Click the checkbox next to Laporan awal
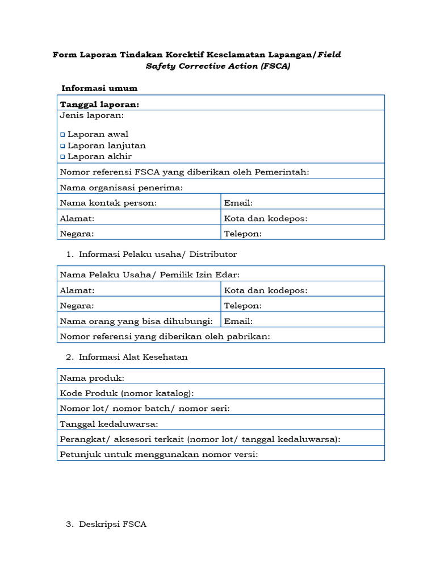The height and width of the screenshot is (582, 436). [x=62, y=135]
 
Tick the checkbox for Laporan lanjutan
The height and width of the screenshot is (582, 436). [x=62, y=146]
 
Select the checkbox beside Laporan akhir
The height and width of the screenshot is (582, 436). [x=62, y=157]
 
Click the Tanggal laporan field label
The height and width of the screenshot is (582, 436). [x=99, y=105]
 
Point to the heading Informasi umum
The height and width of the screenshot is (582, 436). [x=99, y=88]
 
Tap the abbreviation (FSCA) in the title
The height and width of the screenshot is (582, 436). [x=275, y=66]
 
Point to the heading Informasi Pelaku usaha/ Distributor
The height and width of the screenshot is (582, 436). [x=158, y=254]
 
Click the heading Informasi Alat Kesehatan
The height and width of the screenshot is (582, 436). [x=133, y=357]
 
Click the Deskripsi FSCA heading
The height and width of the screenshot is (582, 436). [x=112, y=524]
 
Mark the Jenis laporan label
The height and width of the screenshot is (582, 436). [x=91, y=115]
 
